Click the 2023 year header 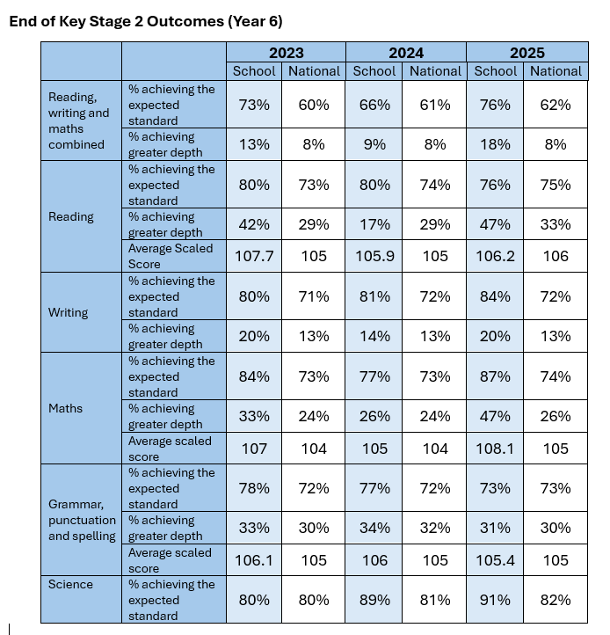[x=287, y=53]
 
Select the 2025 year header [x=527, y=53]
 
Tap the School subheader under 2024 [x=374, y=71]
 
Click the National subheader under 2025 [x=556, y=71]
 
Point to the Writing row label [x=68, y=312]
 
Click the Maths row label [x=65, y=408]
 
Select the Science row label [x=70, y=584]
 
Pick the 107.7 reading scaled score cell [x=254, y=256]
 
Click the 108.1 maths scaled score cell [x=495, y=449]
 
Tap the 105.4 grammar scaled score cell [x=495, y=560]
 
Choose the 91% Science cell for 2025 [x=495, y=600]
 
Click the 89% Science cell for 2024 [x=374, y=600]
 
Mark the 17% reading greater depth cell [x=374, y=224]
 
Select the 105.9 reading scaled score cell [x=374, y=256]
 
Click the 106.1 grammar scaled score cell [x=254, y=560]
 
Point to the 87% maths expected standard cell [x=495, y=376]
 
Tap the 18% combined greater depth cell [x=495, y=144]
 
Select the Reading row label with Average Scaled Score [x=71, y=216]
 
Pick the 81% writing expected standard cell [x=374, y=296]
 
